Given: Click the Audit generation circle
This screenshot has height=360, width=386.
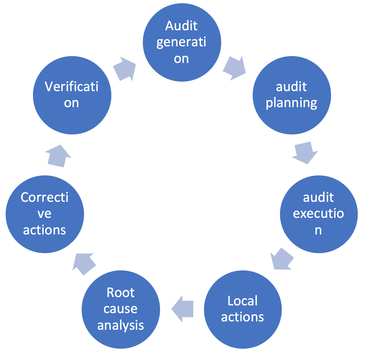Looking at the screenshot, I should click(182, 42).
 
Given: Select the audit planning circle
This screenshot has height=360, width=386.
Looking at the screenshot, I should click(292, 95).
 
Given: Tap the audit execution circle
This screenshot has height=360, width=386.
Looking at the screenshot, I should click(319, 214).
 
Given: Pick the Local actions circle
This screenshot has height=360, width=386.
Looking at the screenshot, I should click(243, 309).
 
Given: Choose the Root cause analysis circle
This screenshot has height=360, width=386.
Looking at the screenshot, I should click(121, 309).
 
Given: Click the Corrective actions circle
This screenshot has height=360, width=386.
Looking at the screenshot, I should click(45, 214).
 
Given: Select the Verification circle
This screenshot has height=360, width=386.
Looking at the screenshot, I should click(72, 95).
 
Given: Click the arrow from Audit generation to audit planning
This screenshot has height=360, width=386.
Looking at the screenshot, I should click(234, 68).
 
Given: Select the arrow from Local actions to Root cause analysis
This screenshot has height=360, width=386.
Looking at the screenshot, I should click(183, 309).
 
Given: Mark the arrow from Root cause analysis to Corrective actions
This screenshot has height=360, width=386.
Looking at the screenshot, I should click(84, 263).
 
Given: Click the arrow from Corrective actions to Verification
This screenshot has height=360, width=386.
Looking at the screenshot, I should click(58, 156).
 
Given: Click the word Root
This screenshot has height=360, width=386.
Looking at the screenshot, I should click(121, 293).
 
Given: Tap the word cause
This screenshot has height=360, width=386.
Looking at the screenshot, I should click(121, 309).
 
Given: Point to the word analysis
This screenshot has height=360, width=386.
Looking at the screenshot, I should click(121, 326).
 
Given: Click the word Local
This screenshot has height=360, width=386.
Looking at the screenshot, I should click(243, 301).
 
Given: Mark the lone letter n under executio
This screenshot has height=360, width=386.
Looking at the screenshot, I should click(318, 230).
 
